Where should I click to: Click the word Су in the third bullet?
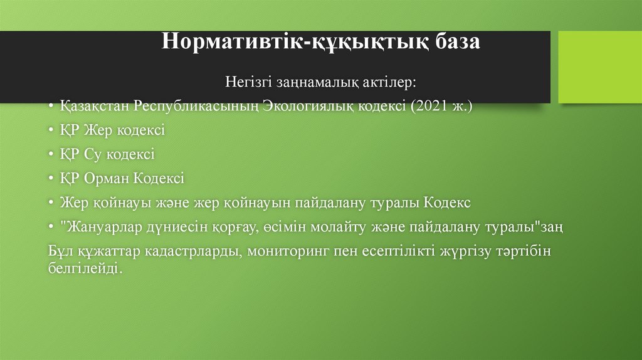90,154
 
